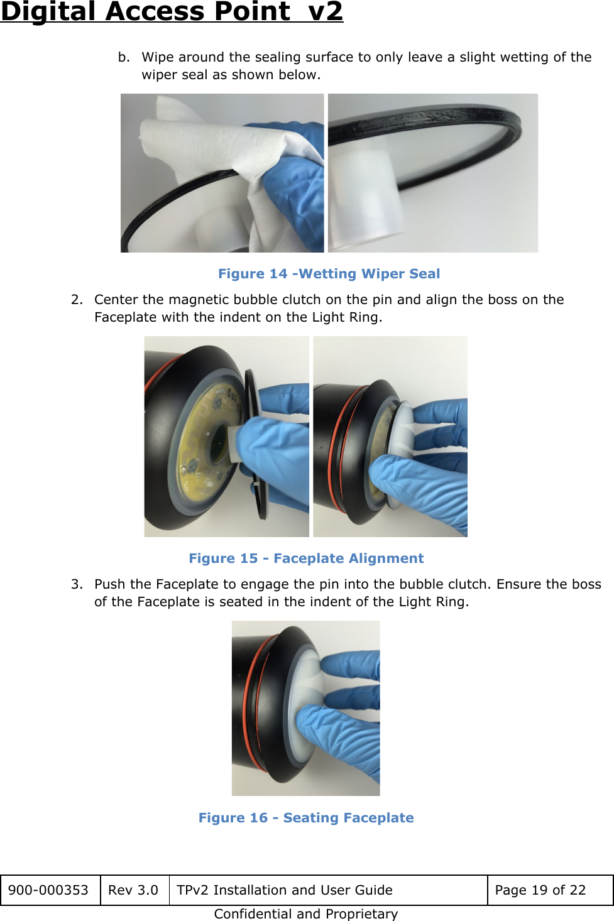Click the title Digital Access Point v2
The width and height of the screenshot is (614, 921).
(x=172, y=11)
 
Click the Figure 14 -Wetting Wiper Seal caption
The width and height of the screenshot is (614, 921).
(x=329, y=274)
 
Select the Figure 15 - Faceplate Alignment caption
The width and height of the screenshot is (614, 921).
(x=306, y=559)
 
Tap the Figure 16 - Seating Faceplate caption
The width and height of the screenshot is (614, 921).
(x=306, y=818)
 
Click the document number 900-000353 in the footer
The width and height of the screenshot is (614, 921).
(x=48, y=890)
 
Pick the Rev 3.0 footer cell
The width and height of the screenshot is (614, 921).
(x=133, y=890)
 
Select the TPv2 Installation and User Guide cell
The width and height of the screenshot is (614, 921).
(x=285, y=890)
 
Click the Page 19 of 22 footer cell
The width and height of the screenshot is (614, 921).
(x=540, y=890)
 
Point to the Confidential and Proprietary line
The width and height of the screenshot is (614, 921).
(x=306, y=914)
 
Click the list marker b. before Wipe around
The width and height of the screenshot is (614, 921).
(x=124, y=57)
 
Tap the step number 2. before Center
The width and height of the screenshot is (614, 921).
(x=77, y=300)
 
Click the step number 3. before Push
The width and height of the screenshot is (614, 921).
(x=77, y=584)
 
